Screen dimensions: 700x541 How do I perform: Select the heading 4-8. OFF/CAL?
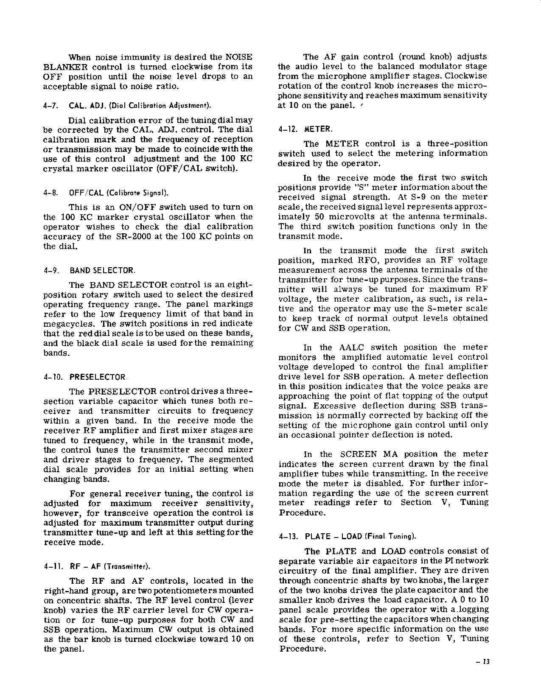[106, 193]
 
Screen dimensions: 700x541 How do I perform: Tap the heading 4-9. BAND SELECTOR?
[90, 270]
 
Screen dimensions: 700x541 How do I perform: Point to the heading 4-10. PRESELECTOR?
[85, 377]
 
